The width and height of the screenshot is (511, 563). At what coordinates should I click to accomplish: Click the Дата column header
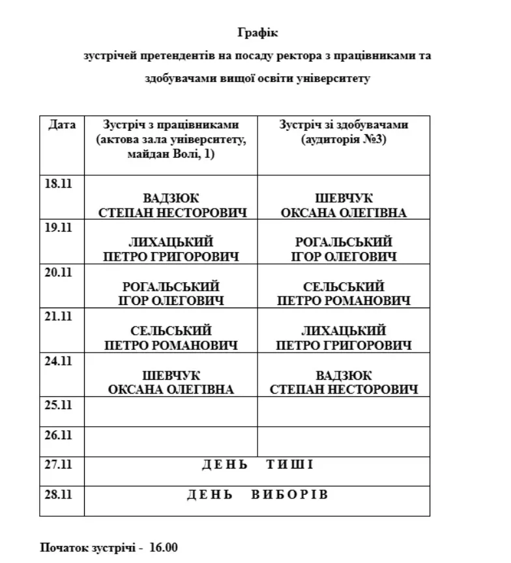(x=62, y=124)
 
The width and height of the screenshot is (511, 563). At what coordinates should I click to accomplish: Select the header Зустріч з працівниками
(x=171, y=124)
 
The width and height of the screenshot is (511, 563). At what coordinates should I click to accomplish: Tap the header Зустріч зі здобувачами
(x=343, y=124)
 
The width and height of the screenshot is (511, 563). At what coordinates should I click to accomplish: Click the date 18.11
(x=57, y=183)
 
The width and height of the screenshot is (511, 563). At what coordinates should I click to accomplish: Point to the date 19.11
(x=57, y=227)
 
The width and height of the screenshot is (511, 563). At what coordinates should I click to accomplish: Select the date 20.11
(x=57, y=272)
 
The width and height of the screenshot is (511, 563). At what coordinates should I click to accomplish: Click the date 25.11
(x=57, y=405)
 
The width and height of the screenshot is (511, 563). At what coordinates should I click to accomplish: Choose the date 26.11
(x=57, y=435)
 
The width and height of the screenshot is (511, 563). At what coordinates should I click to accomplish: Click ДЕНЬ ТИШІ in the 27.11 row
(x=257, y=465)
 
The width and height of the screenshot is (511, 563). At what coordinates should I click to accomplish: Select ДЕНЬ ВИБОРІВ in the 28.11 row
(x=257, y=495)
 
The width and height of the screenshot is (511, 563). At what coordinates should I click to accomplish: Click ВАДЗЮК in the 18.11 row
(x=171, y=199)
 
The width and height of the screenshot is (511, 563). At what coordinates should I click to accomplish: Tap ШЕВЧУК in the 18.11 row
(x=343, y=199)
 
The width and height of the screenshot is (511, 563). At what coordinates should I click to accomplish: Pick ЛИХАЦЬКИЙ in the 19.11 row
(x=171, y=242)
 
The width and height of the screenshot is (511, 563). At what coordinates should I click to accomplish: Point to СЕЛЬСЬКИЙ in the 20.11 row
(x=343, y=287)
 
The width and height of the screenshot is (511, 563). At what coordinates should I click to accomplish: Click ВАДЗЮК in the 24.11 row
(x=343, y=375)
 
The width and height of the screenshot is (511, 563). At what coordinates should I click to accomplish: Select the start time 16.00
(x=164, y=547)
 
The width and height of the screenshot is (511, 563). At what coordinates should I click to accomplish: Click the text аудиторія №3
(x=343, y=139)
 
